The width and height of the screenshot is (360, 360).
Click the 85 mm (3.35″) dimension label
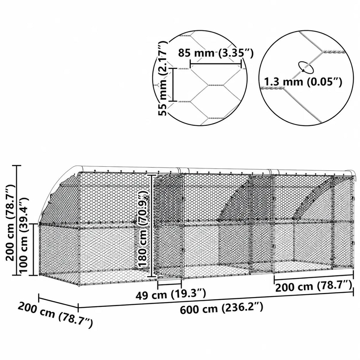[x=215, y=53]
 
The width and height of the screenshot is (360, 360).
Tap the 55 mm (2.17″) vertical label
[x=163, y=78]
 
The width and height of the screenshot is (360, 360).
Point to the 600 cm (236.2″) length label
[x=221, y=308]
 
